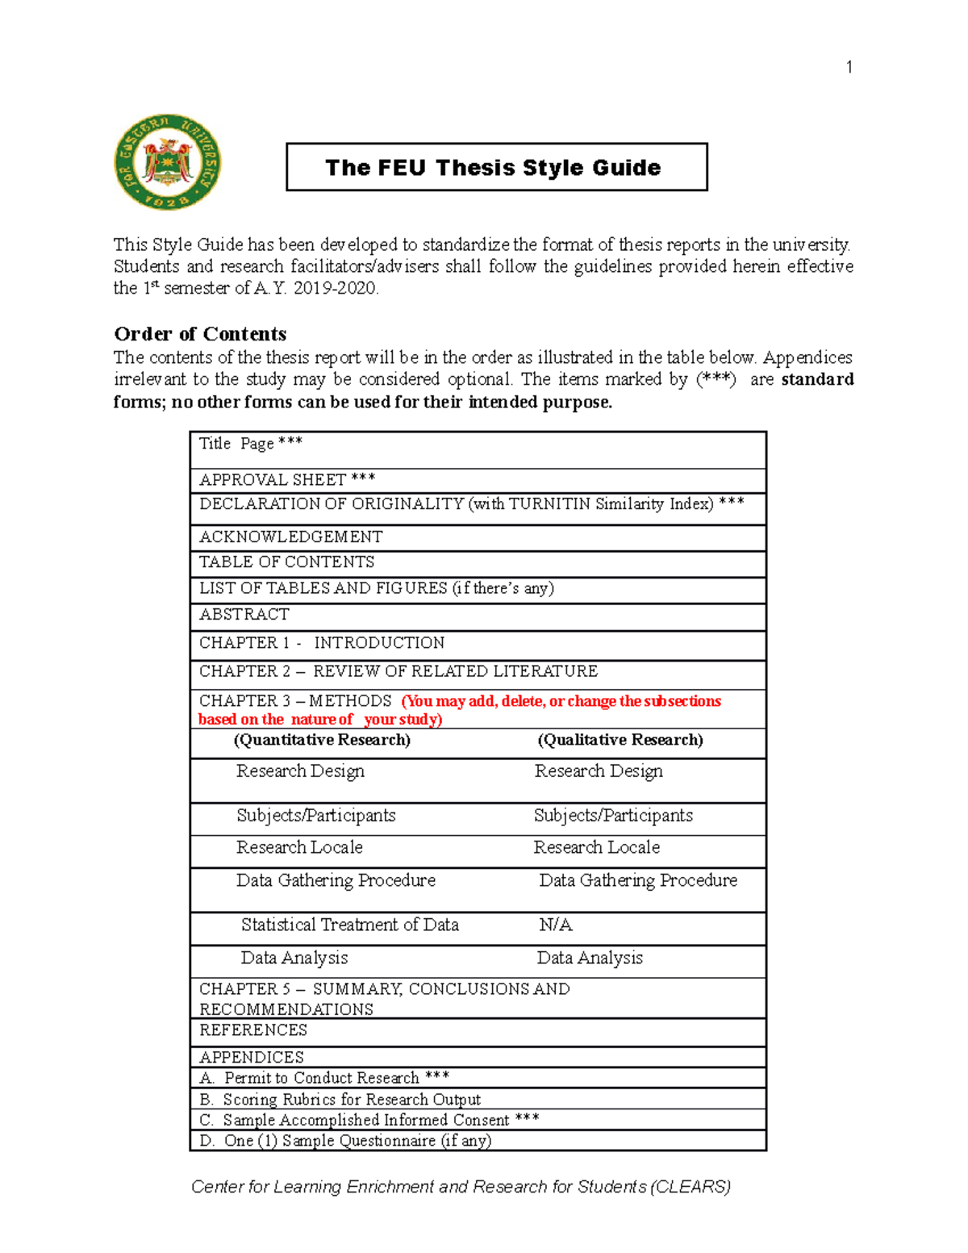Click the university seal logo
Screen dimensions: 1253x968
point(168,162)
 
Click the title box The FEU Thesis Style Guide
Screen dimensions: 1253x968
point(496,167)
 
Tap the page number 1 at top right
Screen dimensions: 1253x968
point(849,67)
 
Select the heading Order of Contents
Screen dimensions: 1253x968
point(200,334)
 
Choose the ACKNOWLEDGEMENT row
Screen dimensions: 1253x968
point(291,537)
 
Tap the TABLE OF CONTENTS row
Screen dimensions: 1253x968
point(287,562)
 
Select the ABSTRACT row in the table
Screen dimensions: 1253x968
point(244,615)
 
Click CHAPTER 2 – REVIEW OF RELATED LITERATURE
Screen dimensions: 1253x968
point(398,671)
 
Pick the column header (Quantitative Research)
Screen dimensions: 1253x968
point(322,740)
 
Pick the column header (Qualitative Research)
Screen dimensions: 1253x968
point(620,740)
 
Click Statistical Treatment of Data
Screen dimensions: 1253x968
point(350,925)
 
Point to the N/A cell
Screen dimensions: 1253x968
point(556,925)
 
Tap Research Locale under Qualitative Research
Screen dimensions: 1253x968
point(597,847)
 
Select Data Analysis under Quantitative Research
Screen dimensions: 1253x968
point(294,958)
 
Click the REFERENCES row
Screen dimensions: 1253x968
point(253,1030)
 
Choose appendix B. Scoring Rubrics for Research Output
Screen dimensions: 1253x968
point(340,1100)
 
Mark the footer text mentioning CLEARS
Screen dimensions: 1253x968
point(461,1187)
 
